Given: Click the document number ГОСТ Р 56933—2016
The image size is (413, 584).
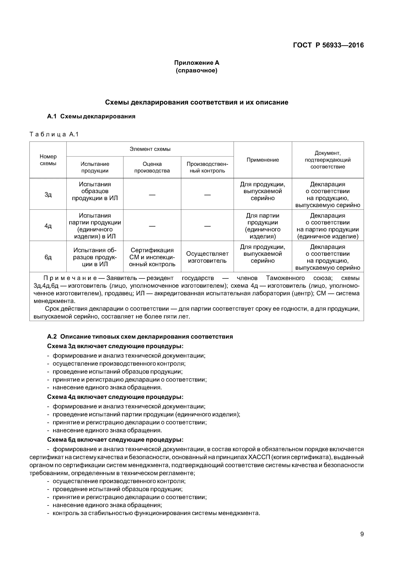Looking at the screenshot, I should (328, 45).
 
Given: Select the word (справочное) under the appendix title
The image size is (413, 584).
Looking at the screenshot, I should (196, 70).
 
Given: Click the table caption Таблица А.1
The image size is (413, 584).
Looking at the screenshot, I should (54, 134).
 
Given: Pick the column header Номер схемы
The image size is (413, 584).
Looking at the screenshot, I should (48, 160).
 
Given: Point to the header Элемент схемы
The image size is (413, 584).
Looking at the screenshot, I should (150, 149).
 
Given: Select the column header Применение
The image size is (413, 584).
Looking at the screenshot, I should (263, 160).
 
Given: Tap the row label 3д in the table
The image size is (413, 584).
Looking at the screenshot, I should (48, 195).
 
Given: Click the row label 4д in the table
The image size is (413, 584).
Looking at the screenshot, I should (48, 226).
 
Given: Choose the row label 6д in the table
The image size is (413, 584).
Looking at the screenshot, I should (48, 257).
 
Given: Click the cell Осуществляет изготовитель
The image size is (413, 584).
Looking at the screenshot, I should (207, 257).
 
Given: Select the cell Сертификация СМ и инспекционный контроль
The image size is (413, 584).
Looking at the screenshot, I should (152, 257).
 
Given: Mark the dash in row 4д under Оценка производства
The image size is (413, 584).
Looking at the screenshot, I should (152, 226).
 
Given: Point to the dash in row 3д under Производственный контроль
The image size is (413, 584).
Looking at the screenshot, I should (207, 195).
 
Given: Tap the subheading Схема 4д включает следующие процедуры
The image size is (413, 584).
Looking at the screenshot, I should (115, 397).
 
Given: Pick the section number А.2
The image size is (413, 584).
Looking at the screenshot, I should (52, 337).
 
